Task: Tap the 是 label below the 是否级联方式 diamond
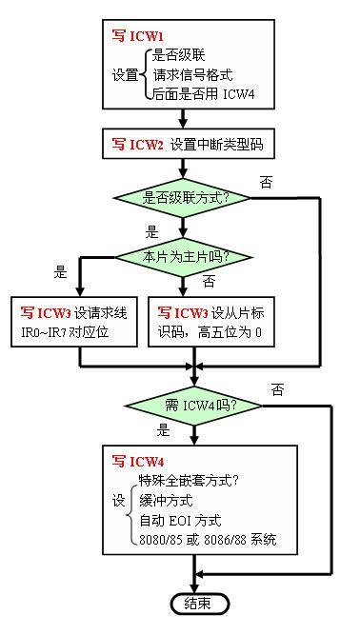[x=151, y=231]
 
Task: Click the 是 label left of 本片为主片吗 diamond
[x=61, y=271]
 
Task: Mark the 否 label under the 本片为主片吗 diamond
[x=210, y=281]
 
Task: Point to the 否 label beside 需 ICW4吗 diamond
[x=276, y=389]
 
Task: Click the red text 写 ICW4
[x=135, y=461]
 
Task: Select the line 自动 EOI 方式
[x=180, y=521]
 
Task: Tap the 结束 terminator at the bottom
[x=198, y=603]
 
